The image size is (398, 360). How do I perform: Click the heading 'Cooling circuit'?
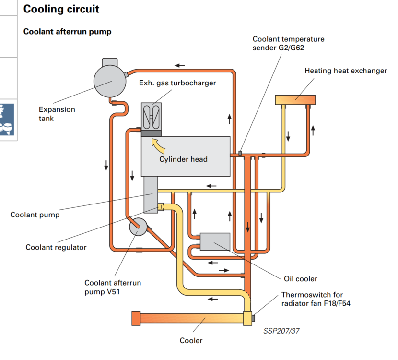click(61, 9)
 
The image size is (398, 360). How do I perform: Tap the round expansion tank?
click(109, 81)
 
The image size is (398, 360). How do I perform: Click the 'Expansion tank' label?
click(57, 114)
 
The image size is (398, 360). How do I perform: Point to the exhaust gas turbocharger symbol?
click(152, 116)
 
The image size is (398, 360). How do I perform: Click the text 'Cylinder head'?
click(184, 159)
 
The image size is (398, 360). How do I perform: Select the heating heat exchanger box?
click(295, 100)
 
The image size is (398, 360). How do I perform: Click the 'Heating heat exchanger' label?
click(346, 71)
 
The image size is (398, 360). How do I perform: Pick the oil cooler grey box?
click(214, 241)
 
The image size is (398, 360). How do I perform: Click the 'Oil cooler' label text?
click(300, 279)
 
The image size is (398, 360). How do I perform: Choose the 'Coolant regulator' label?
click(56, 247)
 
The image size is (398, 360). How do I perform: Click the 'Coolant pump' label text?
click(35, 215)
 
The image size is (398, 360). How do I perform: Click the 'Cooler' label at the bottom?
click(191, 341)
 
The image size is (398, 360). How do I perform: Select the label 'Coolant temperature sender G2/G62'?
click(288, 43)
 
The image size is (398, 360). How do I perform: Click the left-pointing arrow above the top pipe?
click(180, 65)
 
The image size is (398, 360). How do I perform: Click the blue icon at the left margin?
click(7, 119)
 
